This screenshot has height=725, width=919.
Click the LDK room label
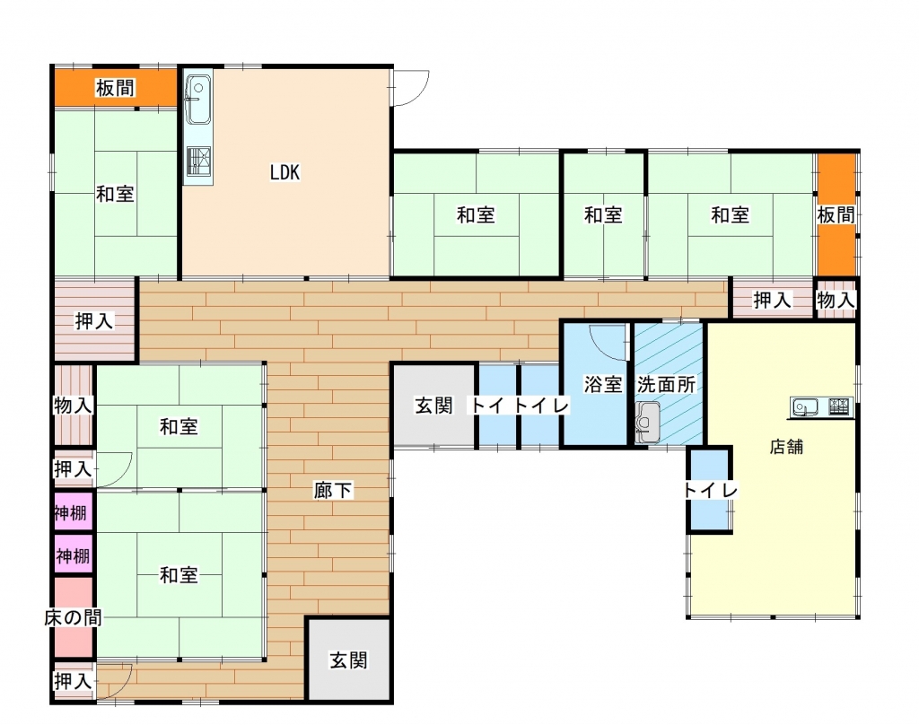285,173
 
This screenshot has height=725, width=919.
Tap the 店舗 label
786,446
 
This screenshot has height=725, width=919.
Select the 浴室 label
603,384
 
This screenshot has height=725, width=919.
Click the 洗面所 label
666,384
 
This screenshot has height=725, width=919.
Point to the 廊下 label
333,490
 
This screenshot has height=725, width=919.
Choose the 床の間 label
73,617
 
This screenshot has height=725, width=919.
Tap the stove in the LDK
197,161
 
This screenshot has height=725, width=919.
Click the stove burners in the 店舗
839,407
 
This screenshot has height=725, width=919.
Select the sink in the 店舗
806,407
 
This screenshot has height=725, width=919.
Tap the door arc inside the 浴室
610,341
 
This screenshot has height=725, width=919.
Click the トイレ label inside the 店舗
710,491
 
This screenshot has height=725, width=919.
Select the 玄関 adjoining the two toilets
433,405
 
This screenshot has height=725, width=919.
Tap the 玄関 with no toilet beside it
348,660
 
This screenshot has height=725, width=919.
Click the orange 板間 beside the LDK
116,88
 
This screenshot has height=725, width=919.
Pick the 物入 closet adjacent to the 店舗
836,301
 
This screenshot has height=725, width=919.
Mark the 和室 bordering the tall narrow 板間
730,215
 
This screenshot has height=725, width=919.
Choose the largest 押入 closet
94,321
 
